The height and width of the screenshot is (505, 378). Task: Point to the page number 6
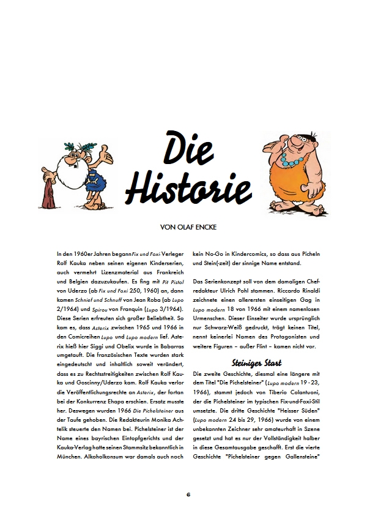tap(189, 492)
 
